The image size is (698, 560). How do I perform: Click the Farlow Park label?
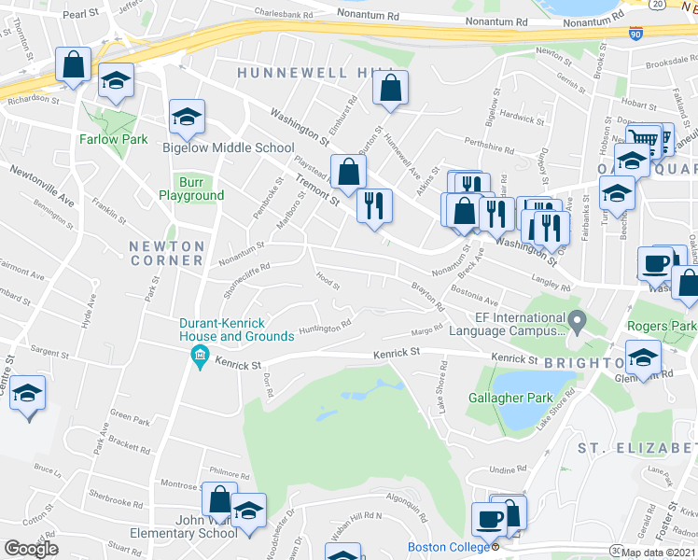pos(119,139)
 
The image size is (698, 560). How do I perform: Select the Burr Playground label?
pos(190,188)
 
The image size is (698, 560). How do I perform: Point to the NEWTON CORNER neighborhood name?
pos(166,252)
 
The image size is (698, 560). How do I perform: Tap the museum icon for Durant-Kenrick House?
pos(198,356)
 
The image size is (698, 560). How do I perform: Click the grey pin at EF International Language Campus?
pos(578,323)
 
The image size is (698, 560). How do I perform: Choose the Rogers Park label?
pos(662,326)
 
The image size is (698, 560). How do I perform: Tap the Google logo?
pos(31,549)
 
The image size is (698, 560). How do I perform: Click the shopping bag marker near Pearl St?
pos(73,65)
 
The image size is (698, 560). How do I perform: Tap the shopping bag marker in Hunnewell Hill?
pos(391,90)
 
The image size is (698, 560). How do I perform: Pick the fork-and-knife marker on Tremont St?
pos(373,205)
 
